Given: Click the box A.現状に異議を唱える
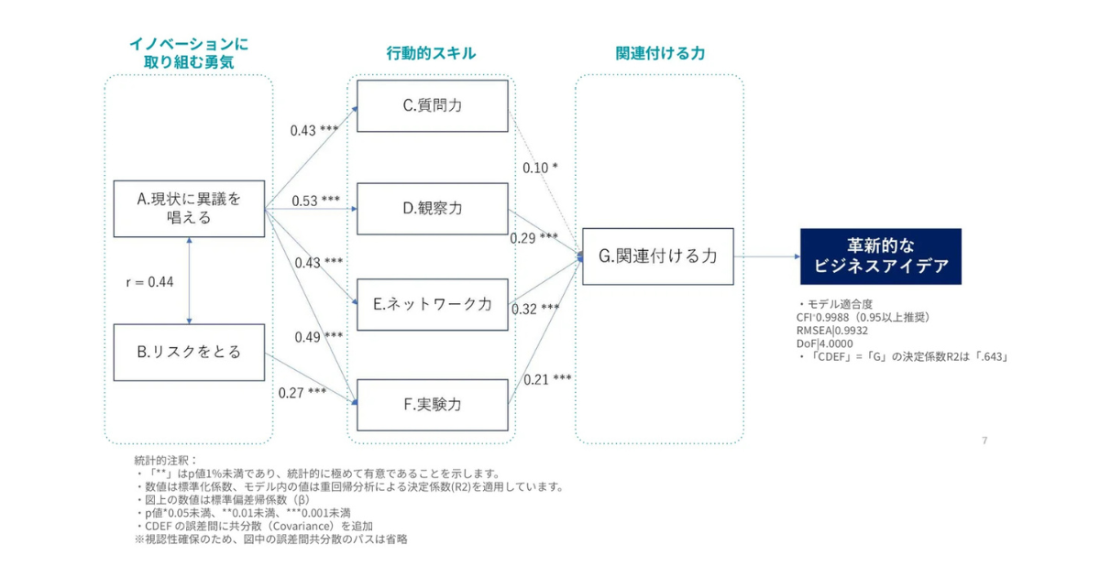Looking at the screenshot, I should [x=188, y=208].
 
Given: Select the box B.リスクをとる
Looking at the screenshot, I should [x=188, y=351].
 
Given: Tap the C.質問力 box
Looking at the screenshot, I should [x=432, y=105].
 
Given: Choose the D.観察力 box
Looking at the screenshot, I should [x=432, y=209].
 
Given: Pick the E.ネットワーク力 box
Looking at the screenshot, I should [x=432, y=304].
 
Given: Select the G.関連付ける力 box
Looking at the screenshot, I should [x=657, y=256].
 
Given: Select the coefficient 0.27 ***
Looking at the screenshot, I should [x=302, y=393].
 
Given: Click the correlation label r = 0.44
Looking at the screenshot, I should [x=149, y=281].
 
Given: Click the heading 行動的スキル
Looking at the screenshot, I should [x=431, y=53].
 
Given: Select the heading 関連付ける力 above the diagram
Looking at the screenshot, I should [x=659, y=53].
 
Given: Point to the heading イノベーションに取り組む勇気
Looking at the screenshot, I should [x=189, y=53].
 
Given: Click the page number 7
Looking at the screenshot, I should [x=984, y=441].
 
